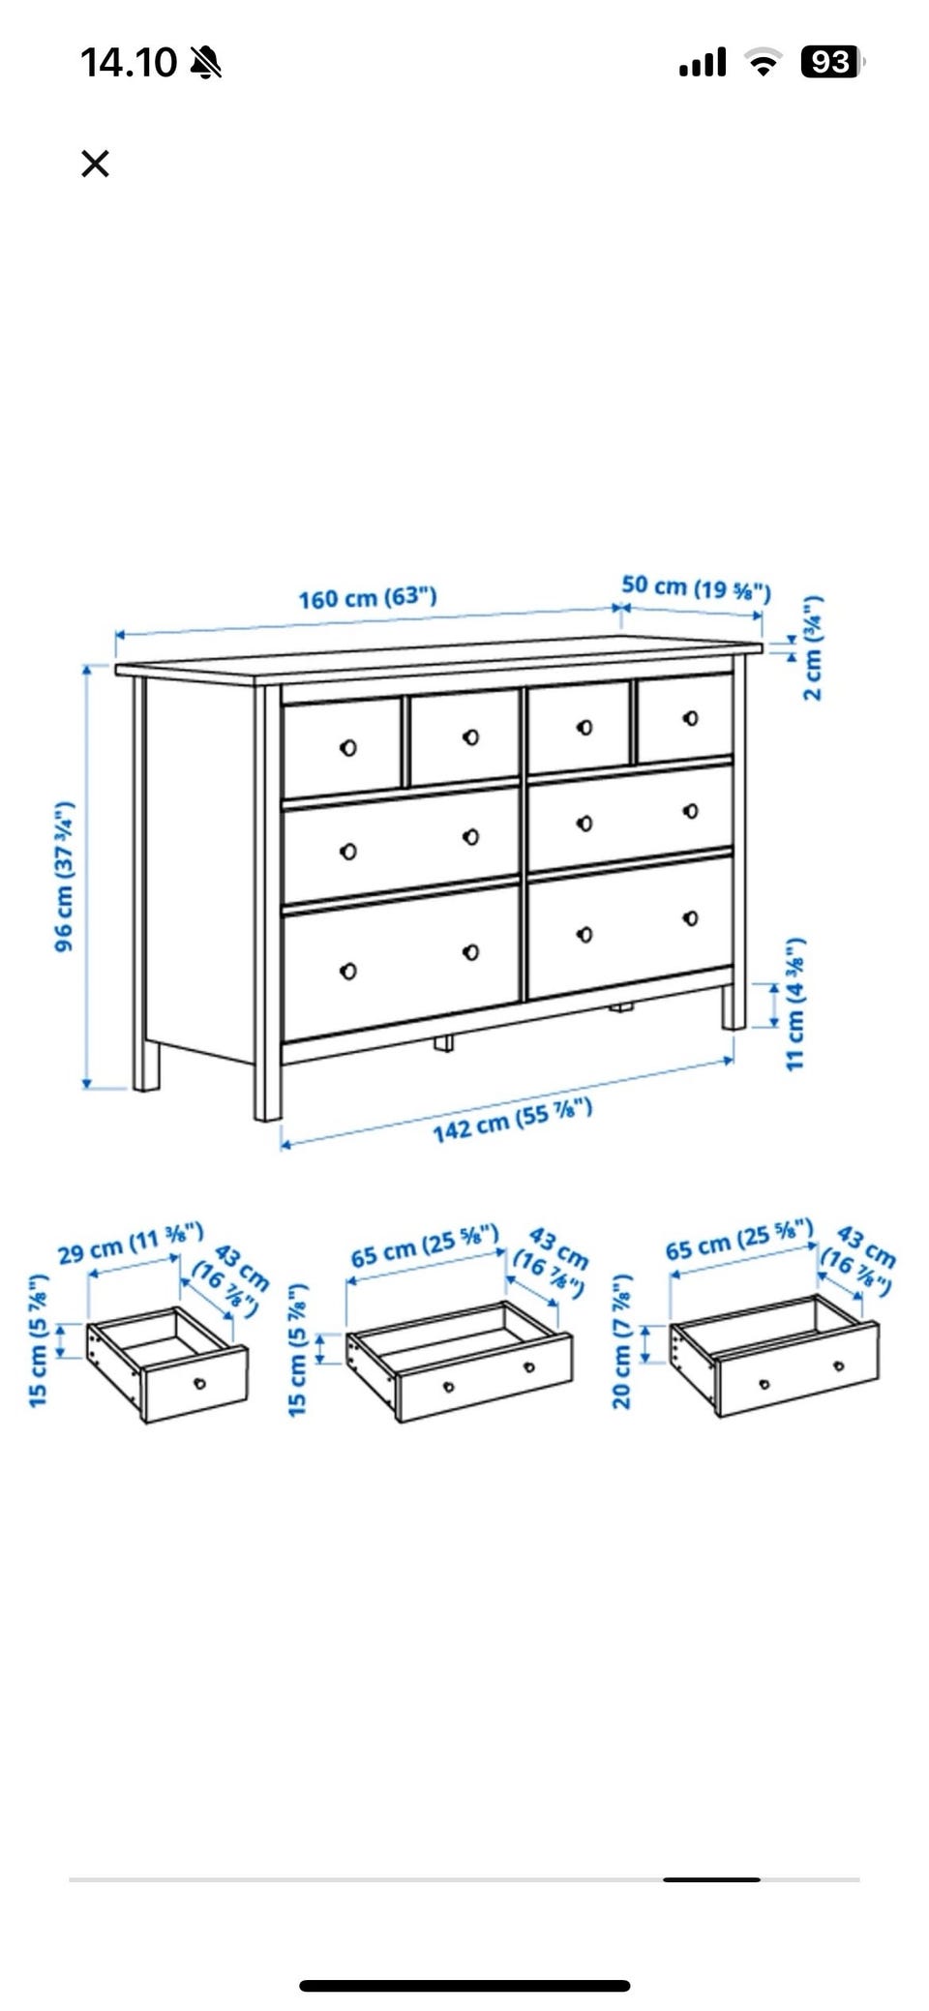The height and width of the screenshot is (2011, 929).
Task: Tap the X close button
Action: point(95,164)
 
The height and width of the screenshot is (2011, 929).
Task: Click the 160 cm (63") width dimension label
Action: point(368,597)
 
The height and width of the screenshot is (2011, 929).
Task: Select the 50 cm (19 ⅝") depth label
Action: point(696,587)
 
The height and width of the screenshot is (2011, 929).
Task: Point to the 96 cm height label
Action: point(64,876)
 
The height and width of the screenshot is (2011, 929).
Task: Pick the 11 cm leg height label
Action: point(794,1004)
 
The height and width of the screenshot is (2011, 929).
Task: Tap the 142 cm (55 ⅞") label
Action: point(512,1120)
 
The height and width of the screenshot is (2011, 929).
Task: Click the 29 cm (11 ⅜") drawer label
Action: point(131,1244)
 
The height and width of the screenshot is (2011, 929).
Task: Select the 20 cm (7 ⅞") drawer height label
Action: point(622,1341)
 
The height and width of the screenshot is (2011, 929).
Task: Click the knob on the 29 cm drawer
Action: point(200,1383)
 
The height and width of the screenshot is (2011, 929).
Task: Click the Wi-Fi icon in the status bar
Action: point(764,64)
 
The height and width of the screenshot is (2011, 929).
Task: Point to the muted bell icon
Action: point(206,63)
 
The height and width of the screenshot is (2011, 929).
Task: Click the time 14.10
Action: point(129,63)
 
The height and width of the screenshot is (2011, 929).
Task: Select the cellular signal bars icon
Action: point(703,64)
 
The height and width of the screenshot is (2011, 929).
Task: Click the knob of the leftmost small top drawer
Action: point(348,748)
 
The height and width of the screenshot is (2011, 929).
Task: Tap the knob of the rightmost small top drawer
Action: point(690,718)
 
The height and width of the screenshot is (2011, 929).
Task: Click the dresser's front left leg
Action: point(267,1082)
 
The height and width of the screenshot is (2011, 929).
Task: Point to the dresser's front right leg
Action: point(734,1006)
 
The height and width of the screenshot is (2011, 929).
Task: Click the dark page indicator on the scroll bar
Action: point(711,1879)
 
